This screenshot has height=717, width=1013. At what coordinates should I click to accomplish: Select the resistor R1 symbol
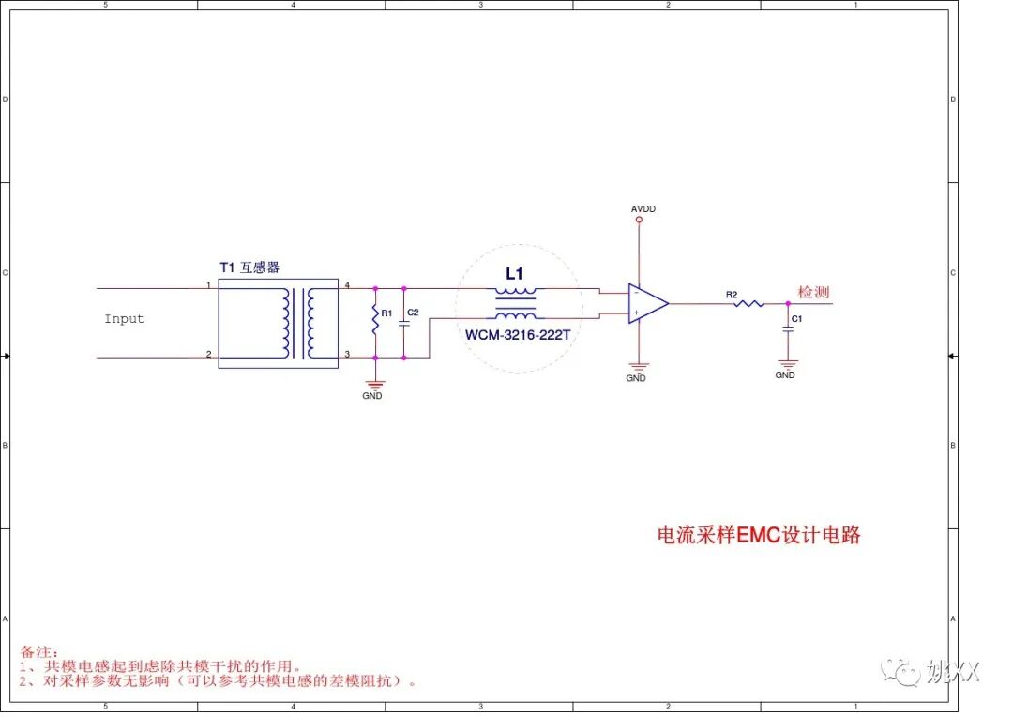[375, 321]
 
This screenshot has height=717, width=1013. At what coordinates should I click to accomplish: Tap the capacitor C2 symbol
[404, 322]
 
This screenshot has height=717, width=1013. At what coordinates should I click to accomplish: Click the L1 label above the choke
[514, 274]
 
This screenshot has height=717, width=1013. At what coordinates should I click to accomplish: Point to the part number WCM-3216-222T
[517, 334]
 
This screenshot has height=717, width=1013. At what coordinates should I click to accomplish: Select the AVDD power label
[643, 208]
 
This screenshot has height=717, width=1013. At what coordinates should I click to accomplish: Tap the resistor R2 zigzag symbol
[748, 303]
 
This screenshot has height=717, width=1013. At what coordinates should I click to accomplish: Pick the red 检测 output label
[813, 292]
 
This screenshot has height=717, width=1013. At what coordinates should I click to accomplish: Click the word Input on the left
[124, 319]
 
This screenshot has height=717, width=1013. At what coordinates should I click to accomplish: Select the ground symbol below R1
[375, 384]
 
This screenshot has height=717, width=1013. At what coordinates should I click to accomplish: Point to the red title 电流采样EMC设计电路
[758, 536]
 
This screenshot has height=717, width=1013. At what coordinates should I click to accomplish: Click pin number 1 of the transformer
[208, 284]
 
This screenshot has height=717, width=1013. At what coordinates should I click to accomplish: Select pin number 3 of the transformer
[346, 354]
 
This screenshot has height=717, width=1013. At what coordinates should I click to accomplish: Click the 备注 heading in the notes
[39, 651]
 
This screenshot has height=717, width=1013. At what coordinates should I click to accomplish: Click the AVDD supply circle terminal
[639, 221]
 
